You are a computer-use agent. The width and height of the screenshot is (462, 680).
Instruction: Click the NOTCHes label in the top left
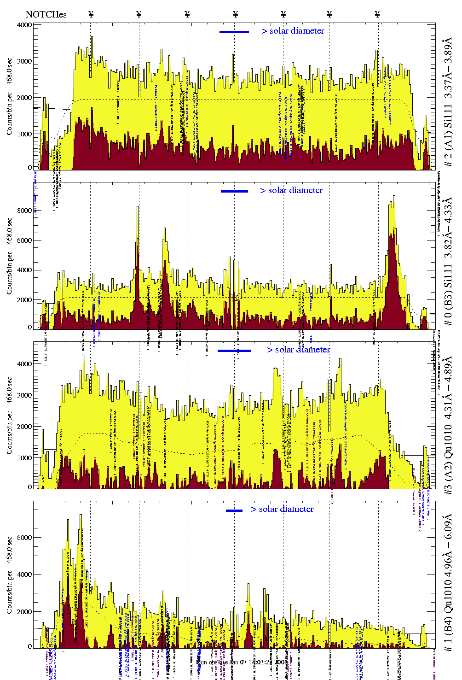click(46, 14)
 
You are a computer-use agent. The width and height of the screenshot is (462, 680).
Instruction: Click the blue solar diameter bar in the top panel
click(234, 32)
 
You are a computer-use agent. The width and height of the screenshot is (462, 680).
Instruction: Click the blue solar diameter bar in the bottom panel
click(234, 510)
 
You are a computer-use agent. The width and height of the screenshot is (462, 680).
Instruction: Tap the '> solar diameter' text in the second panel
click(291, 190)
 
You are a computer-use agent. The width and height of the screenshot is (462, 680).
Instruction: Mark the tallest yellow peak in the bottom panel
click(81, 516)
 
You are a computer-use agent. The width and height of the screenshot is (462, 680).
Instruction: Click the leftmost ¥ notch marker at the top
click(91, 14)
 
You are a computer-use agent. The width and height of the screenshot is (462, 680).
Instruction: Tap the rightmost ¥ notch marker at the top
click(377, 14)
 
